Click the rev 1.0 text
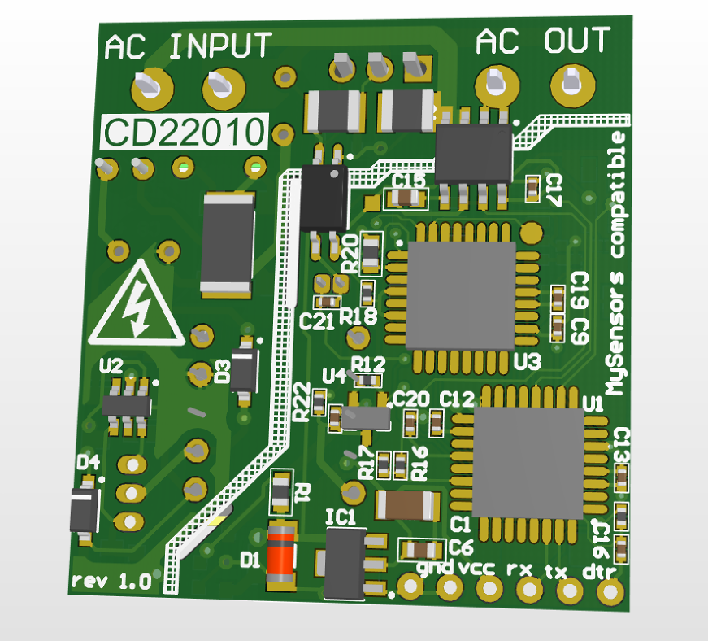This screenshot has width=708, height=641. click(x=111, y=582)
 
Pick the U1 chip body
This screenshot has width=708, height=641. click(x=528, y=463)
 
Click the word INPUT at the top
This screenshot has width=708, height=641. click(x=220, y=46)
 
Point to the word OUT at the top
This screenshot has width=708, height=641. click(x=577, y=41)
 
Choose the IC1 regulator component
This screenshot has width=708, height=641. click(x=345, y=563)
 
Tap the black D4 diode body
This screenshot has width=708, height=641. click(x=85, y=510)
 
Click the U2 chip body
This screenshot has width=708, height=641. click(x=127, y=404)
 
